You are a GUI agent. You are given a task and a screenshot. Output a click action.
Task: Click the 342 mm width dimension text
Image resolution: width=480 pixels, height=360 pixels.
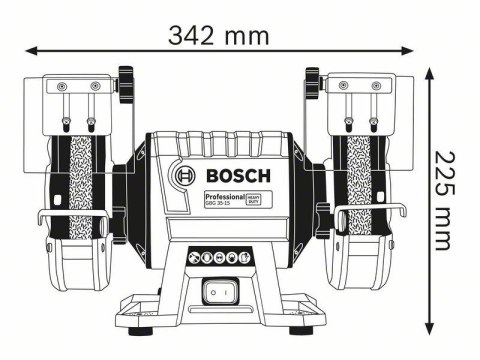[x=218, y=36]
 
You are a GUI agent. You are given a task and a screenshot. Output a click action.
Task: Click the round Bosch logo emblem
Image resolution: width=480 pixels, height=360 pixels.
[x=184, y=180]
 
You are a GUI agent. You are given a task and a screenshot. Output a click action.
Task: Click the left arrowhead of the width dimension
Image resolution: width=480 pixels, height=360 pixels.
[x=31, y=49]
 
